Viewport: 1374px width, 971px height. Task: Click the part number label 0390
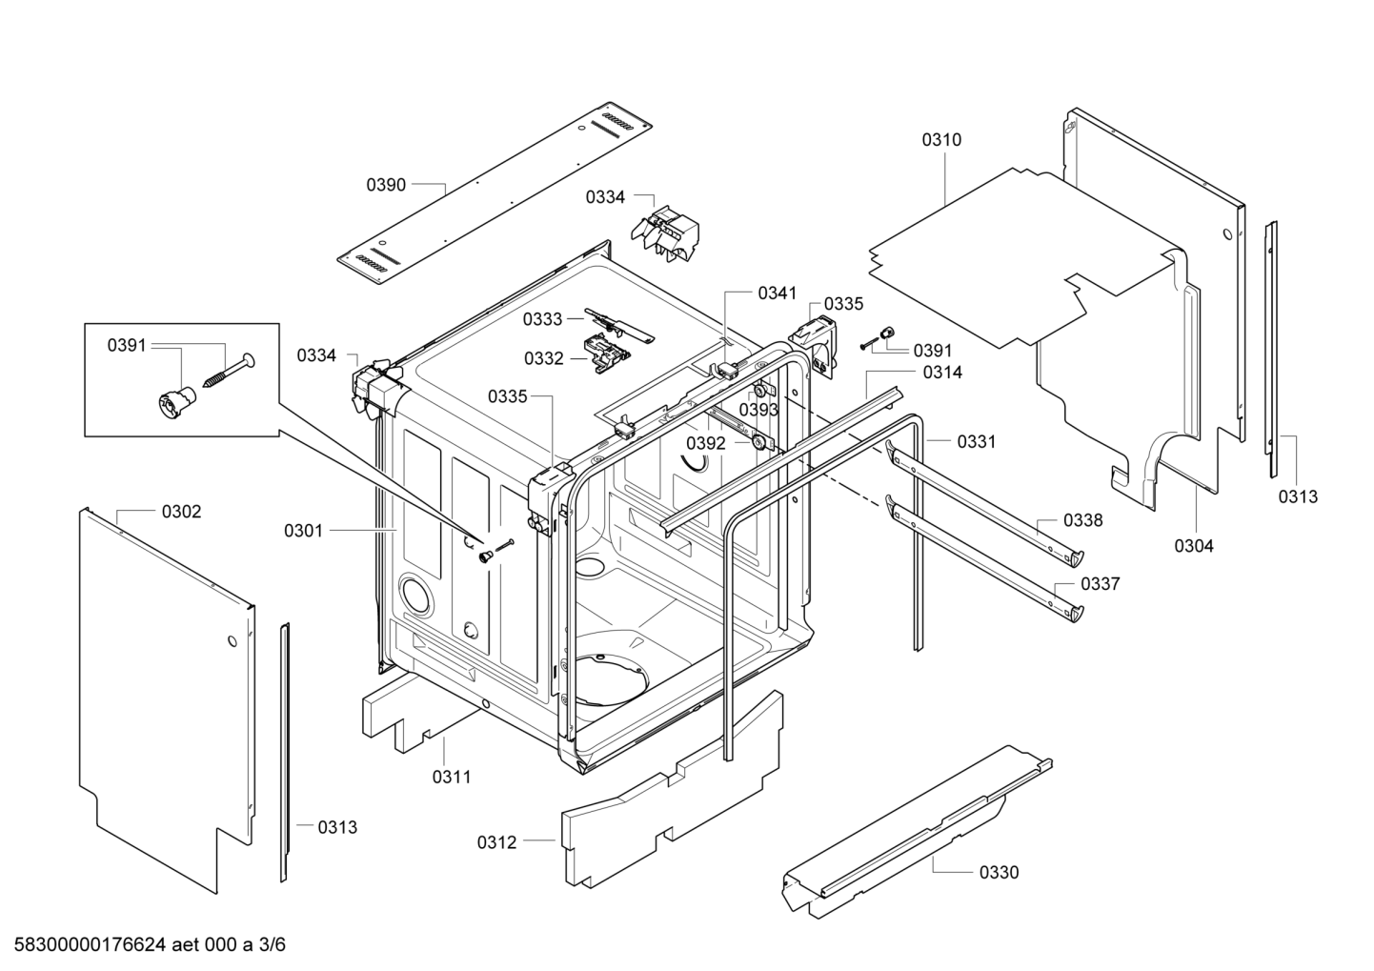coord(386,185)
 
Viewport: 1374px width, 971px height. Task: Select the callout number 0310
coord(941,140)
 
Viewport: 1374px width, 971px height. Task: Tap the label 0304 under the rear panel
coord(1194,546)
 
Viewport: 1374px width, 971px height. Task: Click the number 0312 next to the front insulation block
coord(496,842)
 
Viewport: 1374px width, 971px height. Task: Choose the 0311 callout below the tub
coord(452,777)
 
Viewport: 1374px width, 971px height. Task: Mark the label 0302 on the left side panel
coord(181,512)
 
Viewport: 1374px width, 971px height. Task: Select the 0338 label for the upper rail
coord(1083,520)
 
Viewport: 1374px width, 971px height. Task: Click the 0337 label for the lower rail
coord(1100,584)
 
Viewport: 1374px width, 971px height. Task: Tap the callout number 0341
coord(778,293)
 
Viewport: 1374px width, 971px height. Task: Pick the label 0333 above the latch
coord(542,320)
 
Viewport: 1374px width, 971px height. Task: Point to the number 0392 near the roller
coord(706,443)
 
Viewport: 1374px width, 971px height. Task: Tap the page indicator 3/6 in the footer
coord(273,945)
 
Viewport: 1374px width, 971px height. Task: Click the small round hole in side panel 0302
coord(230,641)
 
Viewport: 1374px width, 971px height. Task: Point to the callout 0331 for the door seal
coord(976,441)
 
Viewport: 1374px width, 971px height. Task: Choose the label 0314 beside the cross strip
coord(942,373)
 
